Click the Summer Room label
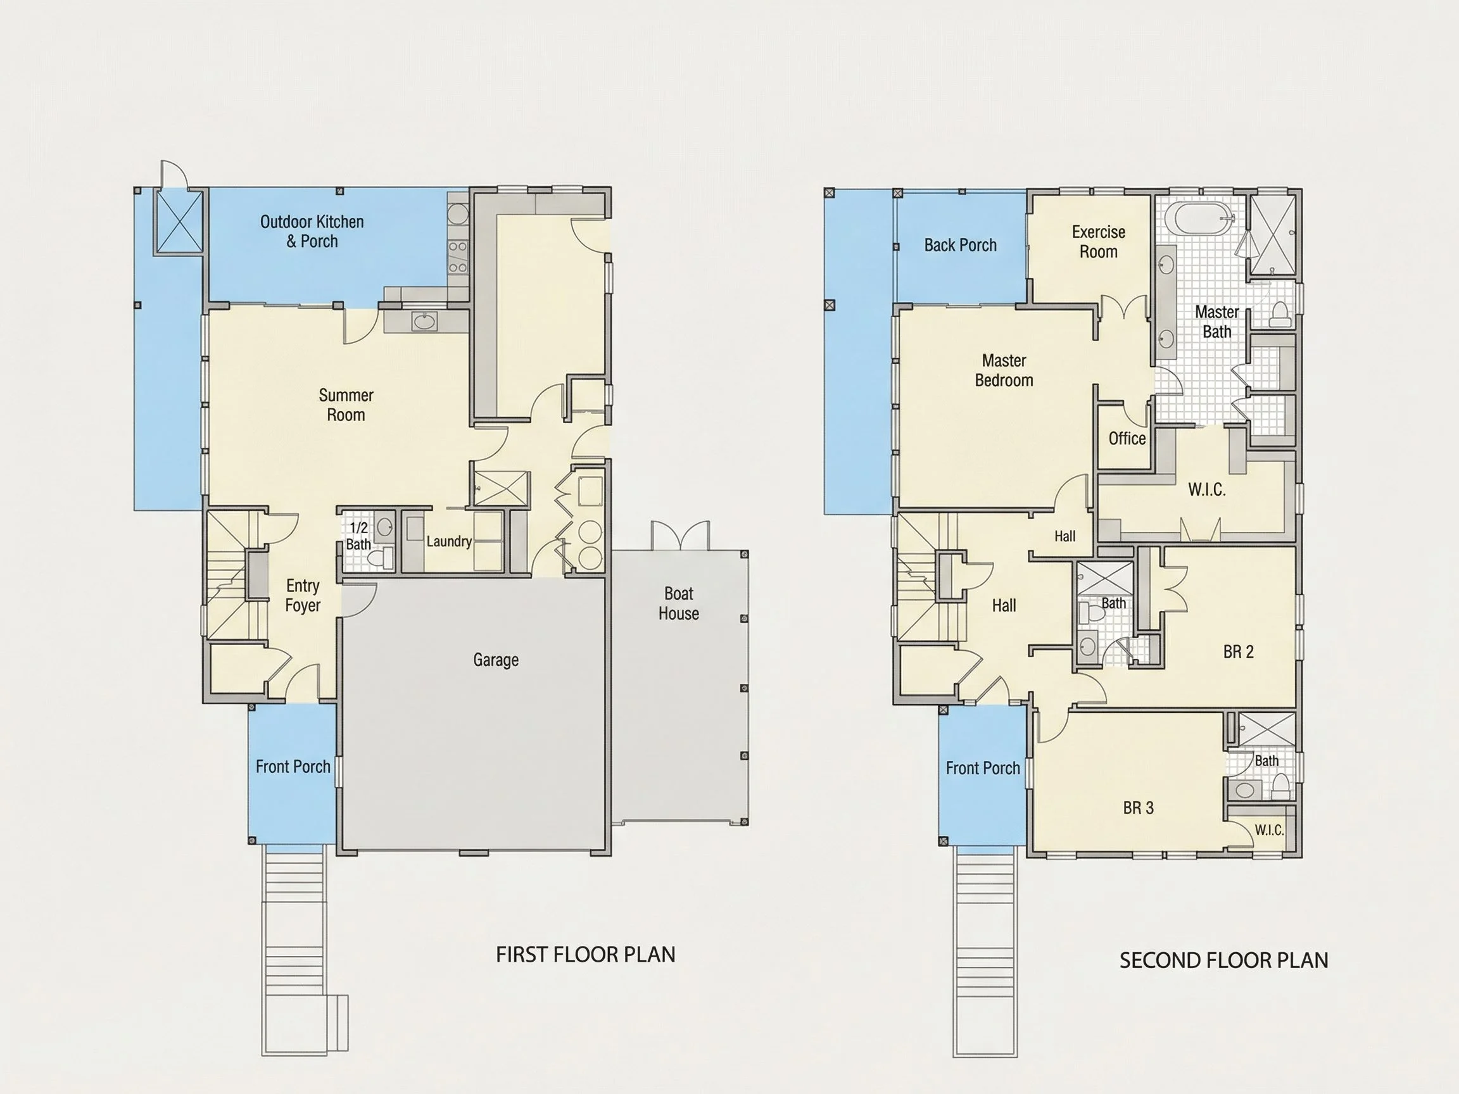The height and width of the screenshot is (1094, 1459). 346,405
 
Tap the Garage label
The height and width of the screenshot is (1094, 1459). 496,660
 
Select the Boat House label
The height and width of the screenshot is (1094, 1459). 679,603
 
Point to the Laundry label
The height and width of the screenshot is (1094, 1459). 448,541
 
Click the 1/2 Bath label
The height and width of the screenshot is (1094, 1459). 358,536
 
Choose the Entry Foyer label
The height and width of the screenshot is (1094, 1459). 303,596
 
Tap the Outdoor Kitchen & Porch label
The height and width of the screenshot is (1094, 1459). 312,232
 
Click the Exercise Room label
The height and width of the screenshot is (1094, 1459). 1098,242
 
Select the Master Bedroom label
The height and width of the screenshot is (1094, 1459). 1004,370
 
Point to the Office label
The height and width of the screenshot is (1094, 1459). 1127,439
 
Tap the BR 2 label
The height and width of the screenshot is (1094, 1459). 1238,651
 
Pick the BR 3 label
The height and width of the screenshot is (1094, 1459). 1139,808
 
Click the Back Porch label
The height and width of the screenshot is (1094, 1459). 961,245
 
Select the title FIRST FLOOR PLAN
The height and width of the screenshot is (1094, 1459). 586,955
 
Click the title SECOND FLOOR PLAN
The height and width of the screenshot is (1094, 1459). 1224,961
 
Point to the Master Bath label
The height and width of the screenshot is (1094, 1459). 1217,322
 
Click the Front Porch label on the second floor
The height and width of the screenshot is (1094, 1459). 983,768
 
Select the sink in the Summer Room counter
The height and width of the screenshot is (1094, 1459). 424,321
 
